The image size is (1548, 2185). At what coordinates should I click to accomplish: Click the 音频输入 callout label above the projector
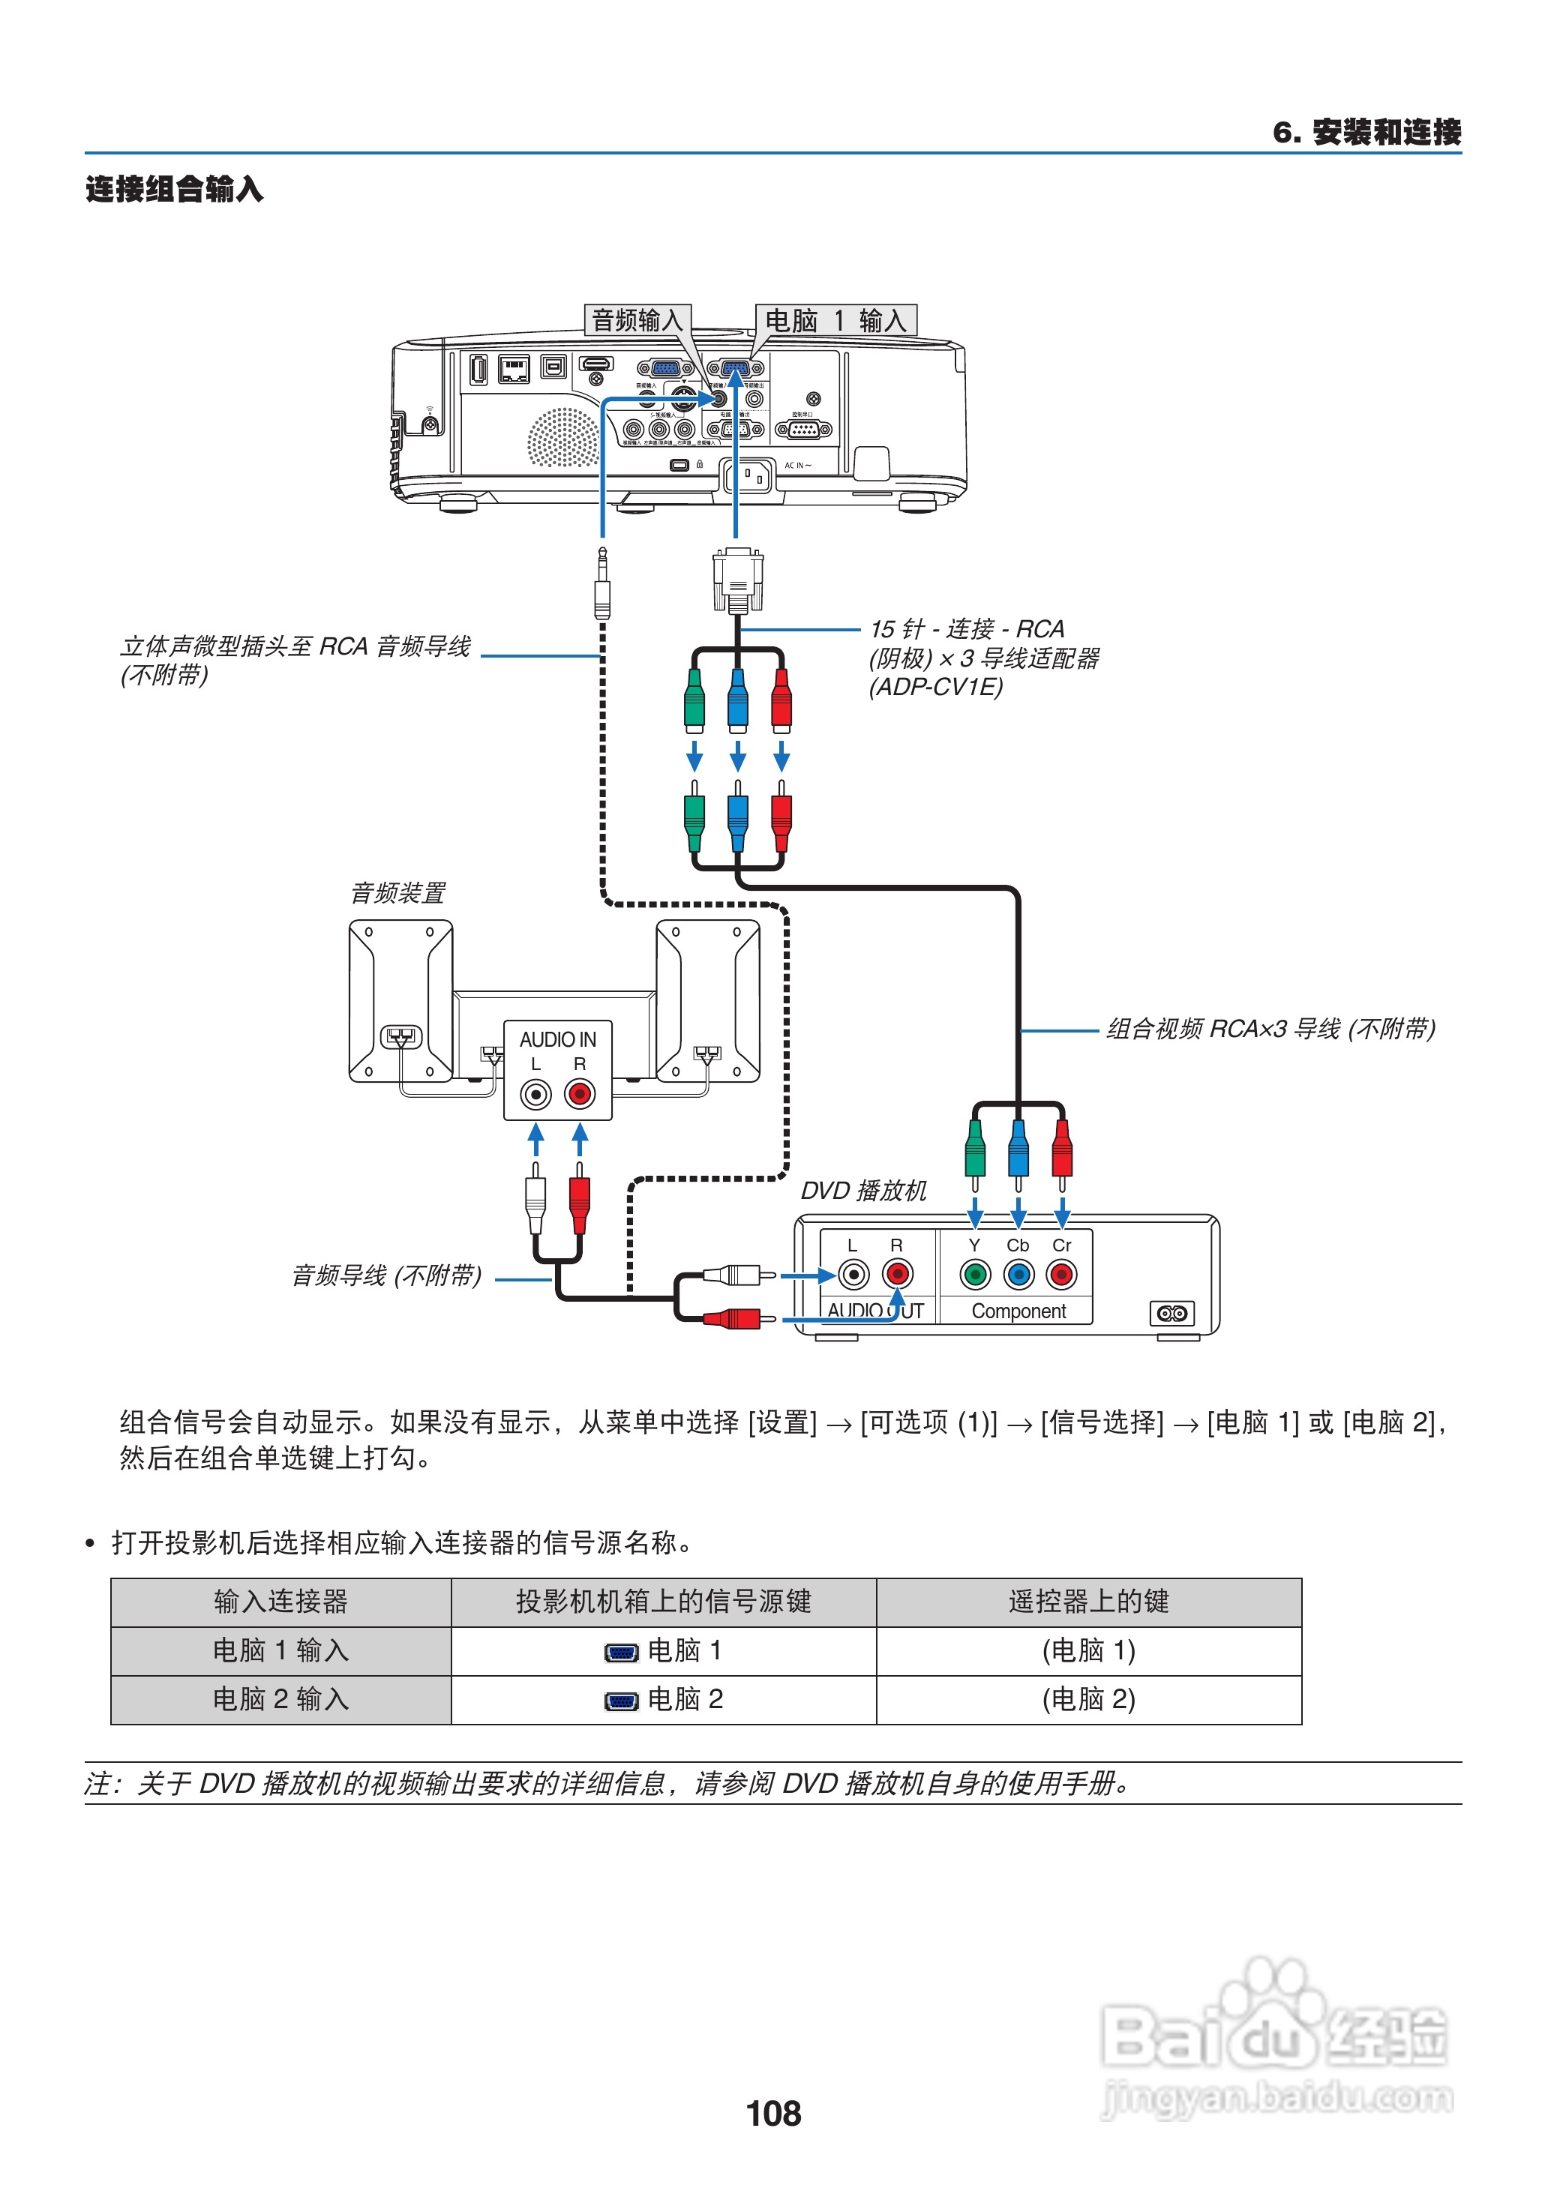click(637, 320)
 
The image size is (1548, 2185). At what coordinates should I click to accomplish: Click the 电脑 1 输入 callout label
click(835, 320)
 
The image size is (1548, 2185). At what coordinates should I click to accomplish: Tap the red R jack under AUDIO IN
click(580, 1094)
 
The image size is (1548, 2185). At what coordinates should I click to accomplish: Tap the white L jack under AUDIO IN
click(535, 1094)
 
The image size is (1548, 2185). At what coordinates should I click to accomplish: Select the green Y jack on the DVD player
click(974, 1274)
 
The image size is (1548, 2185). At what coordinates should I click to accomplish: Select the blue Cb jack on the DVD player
click(1018, 1274)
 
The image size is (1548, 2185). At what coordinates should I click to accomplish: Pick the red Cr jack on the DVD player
click(1062, 1274)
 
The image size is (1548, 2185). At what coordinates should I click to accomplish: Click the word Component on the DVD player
click(1018, 1311)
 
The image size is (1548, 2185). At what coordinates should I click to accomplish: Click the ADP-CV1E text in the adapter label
click(936, 687)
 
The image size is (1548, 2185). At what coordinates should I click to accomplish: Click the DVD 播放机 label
click(862, 1190)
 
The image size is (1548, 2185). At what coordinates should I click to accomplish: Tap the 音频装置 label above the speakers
click(397, 893)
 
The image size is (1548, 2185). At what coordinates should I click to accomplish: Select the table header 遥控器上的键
click(1088, 1601)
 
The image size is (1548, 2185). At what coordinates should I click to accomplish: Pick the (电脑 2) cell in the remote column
click(1088, 1699)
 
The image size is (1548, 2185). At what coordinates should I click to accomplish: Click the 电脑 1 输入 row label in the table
click(280, 1650)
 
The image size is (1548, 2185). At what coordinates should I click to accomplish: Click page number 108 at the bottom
click(773, 2114)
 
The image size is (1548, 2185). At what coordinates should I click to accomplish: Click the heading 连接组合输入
click(175, 189)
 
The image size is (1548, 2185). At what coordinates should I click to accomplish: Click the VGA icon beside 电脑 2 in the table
click(622, 1701)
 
